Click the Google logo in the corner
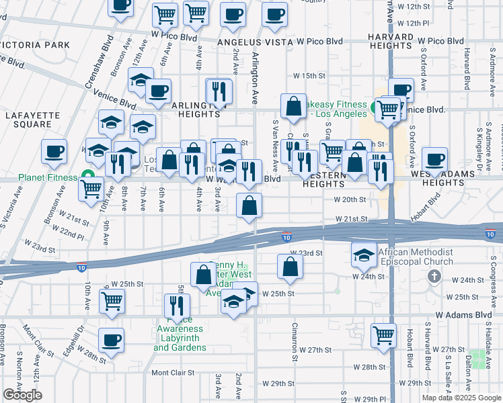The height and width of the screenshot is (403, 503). [x=22, y=395]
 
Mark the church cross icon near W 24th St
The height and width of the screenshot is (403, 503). [x=434, y=276]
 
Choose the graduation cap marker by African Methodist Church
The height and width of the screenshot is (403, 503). [x=364, y=254]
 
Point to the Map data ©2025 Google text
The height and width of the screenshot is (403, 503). [x=461, y=398]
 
